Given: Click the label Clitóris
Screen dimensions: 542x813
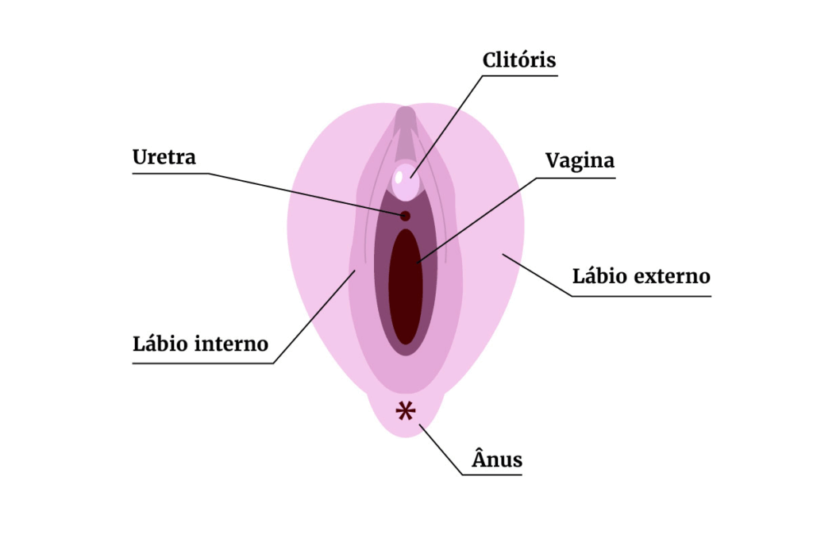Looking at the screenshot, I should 519,60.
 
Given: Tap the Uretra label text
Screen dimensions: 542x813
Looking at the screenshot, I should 164,157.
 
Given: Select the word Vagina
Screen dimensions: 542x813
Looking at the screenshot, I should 580,161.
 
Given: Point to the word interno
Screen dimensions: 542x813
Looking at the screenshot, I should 230,345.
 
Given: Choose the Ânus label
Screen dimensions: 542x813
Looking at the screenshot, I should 497,459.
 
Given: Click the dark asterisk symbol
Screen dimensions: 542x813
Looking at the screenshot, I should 406,411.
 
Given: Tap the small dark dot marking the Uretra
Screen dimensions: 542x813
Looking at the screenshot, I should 405,216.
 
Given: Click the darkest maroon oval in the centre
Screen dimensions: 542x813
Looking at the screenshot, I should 406,286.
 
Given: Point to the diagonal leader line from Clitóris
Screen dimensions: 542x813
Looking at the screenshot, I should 447,122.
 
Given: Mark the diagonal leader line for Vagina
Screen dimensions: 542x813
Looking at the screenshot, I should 476,217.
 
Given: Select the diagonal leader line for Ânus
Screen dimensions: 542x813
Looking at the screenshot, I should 441,451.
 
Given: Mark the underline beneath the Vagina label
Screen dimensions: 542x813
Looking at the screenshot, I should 575,178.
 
